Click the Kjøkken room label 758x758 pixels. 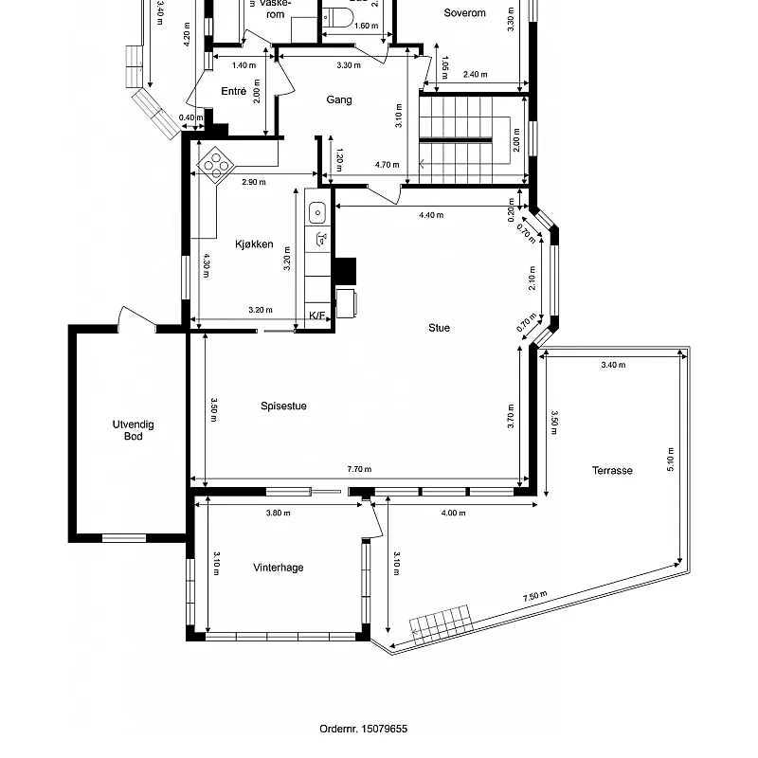(x=254, y=244)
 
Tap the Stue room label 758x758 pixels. (x=439, y=328)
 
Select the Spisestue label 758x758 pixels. (x=283, y=406)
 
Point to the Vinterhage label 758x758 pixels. (x=279, y=568)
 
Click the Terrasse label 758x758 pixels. (x=612, y=470)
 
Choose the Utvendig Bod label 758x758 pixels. (x=133, y=430)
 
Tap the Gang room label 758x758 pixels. (x=339, y=99)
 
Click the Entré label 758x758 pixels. (x=233, y=92)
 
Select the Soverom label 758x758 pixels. (x=465, y=13)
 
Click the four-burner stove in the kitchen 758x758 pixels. (x=215, y=165)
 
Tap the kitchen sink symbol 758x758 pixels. (x=319, y=212)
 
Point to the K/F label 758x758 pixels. (x=317, y=316)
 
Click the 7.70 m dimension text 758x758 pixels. (x=359, y=469)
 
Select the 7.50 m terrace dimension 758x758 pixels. (x=534, y=597)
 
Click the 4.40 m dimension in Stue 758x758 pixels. (x=431, y=215)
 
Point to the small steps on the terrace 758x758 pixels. (x=442, y=622)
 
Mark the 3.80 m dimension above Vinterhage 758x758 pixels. (x=278, y=514)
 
